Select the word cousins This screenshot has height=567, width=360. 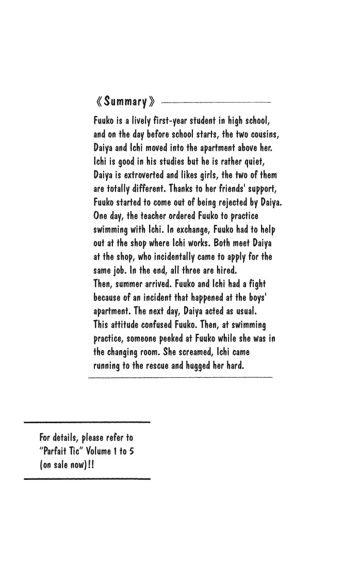click(x=263, y=135)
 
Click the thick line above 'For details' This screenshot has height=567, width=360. click(x=87, y=422)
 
